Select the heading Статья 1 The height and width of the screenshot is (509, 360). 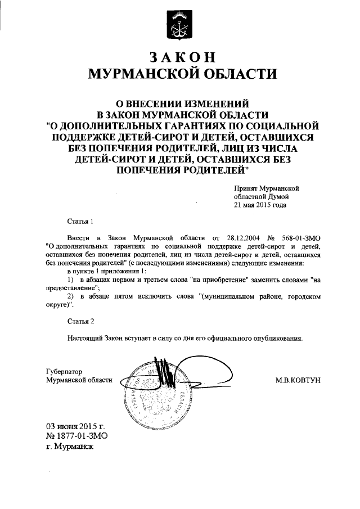(79, 222)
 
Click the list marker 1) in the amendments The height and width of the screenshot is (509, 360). (70, 280)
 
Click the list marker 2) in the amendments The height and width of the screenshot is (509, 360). (70, 296)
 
